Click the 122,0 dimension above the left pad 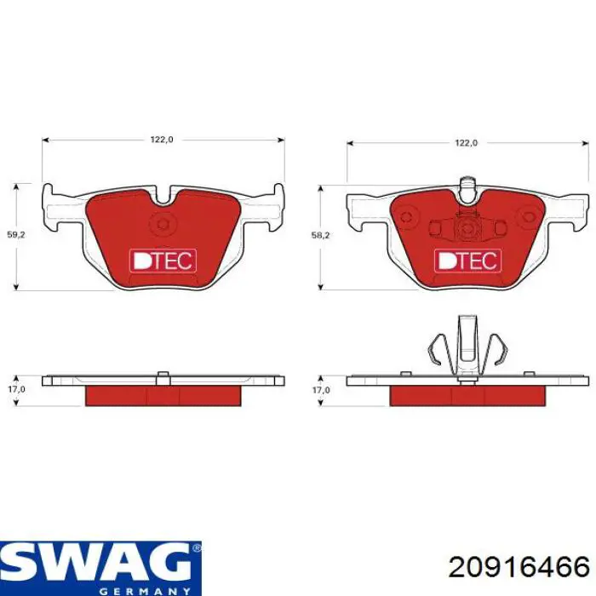pyautogui.click(x=162, y=140)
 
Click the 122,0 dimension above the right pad pyautogui.click(x=467, y=143)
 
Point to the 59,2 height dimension pyautogui.click(x=16, y=235)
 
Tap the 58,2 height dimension pyautogui.click(x=320, y=235)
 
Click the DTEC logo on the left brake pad pyautogui.click(x=163, y=261)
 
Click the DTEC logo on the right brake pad pyautogui.click(x=467, y=261)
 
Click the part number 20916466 pyautogui.click(x=519, y=568)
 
